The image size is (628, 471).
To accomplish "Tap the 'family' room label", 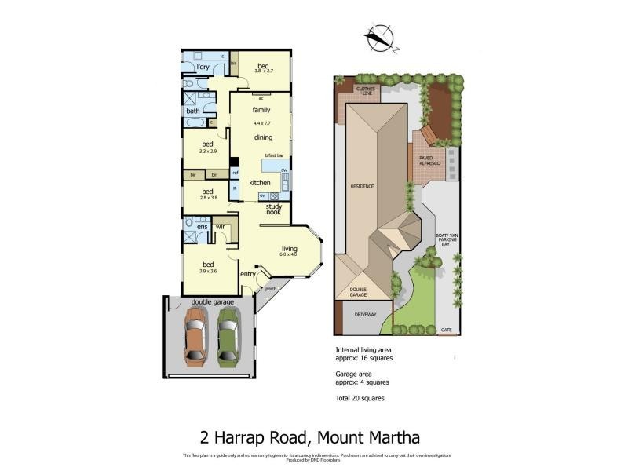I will click(x=261, y=111).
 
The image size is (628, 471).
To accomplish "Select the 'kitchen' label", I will click(x=260, y=183).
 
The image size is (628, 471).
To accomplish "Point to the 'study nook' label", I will click(x=273, y=209).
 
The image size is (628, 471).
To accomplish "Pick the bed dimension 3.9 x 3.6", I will click(x=207, y=272).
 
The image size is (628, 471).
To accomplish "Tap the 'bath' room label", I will click(x=192, y=111).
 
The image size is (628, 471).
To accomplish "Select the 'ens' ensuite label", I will click(x=202, y=227).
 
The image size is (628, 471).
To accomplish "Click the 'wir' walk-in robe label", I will click(x=221, y=227).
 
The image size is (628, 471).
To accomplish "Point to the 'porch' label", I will click(x=271, y=288).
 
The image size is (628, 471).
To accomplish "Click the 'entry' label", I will click(x=248, y=274).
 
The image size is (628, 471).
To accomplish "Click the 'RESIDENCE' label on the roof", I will click(x=362, y=187).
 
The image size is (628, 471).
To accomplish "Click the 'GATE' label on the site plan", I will click(x=446, y=330).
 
